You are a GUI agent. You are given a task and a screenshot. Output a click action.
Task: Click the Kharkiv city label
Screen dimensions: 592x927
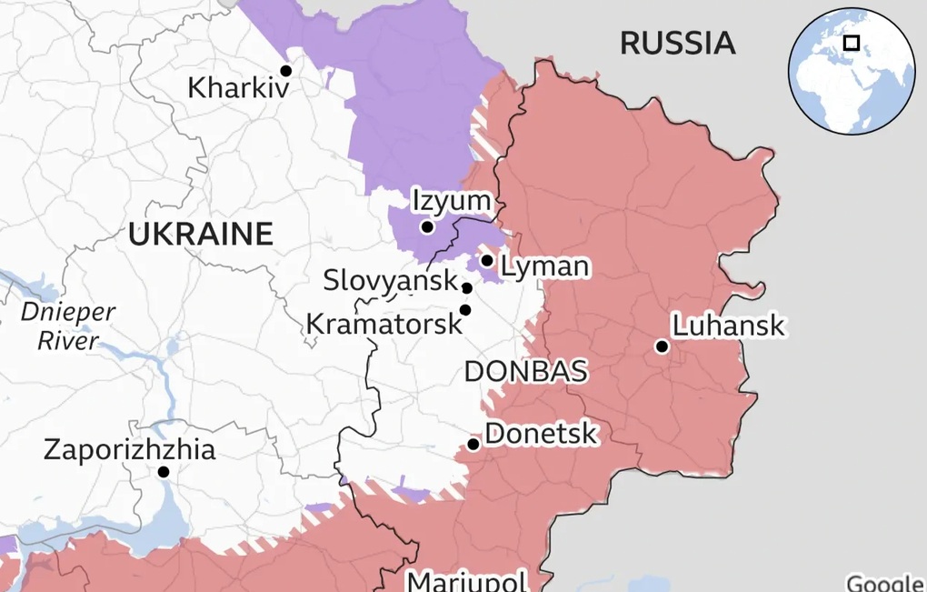238,88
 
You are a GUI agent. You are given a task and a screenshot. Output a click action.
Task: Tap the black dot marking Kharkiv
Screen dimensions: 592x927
285,70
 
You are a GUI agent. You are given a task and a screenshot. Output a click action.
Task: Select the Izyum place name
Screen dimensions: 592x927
451,201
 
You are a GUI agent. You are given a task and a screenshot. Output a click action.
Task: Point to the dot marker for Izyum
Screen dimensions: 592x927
426,226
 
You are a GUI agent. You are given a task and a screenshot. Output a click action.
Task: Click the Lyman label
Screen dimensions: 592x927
544,266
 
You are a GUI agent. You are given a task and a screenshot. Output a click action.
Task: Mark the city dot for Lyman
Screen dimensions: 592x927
487,261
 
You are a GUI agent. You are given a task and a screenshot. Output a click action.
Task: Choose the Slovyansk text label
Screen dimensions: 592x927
390,280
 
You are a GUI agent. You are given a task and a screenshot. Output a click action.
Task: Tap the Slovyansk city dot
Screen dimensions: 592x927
467,288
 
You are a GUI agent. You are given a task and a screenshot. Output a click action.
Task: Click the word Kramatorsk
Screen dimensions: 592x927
384,323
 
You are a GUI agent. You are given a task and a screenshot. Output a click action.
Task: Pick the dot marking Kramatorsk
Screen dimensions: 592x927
465,310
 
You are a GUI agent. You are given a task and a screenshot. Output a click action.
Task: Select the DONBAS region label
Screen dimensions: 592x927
525,371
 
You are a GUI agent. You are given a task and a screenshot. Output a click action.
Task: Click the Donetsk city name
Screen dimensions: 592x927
541,433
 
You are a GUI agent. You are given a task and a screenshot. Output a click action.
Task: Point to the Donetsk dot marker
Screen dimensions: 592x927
473,445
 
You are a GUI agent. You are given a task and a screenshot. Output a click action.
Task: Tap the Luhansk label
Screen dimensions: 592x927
728,326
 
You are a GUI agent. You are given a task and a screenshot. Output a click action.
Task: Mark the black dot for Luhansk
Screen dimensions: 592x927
662,346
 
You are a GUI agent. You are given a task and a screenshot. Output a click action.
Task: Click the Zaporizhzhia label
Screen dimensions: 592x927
130,449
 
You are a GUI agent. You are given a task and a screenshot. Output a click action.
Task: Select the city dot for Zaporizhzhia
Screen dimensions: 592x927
164,472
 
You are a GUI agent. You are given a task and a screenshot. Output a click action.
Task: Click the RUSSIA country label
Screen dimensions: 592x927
677,42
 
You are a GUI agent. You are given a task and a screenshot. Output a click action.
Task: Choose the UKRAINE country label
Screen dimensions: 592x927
200,234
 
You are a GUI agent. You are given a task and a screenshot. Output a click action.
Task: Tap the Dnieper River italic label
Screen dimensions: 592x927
68,326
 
